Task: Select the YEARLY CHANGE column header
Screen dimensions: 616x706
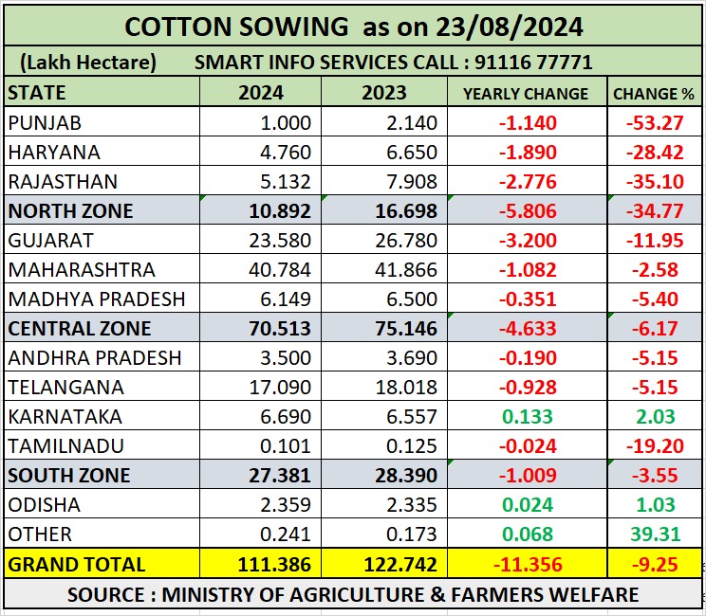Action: coord(525,93)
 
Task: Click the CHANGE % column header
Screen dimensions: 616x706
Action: coord(653,93)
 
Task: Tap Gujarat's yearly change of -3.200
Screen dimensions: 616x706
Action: coord(525,240)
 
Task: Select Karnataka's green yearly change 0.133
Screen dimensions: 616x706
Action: coord(525,416)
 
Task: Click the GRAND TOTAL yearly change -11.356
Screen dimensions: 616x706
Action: coord(525,564)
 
